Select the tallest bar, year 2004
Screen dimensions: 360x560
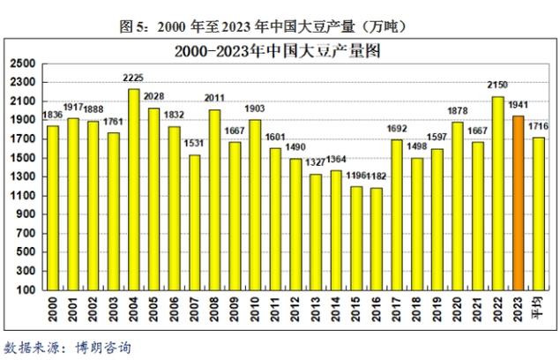(x=134, y=189)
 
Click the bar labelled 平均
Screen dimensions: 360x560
(x=539, y=214)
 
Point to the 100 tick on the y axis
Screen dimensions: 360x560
(x=26, y=289)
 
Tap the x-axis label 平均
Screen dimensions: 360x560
(x=538, y=309)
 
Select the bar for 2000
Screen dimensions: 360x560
(x=53, y=207)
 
